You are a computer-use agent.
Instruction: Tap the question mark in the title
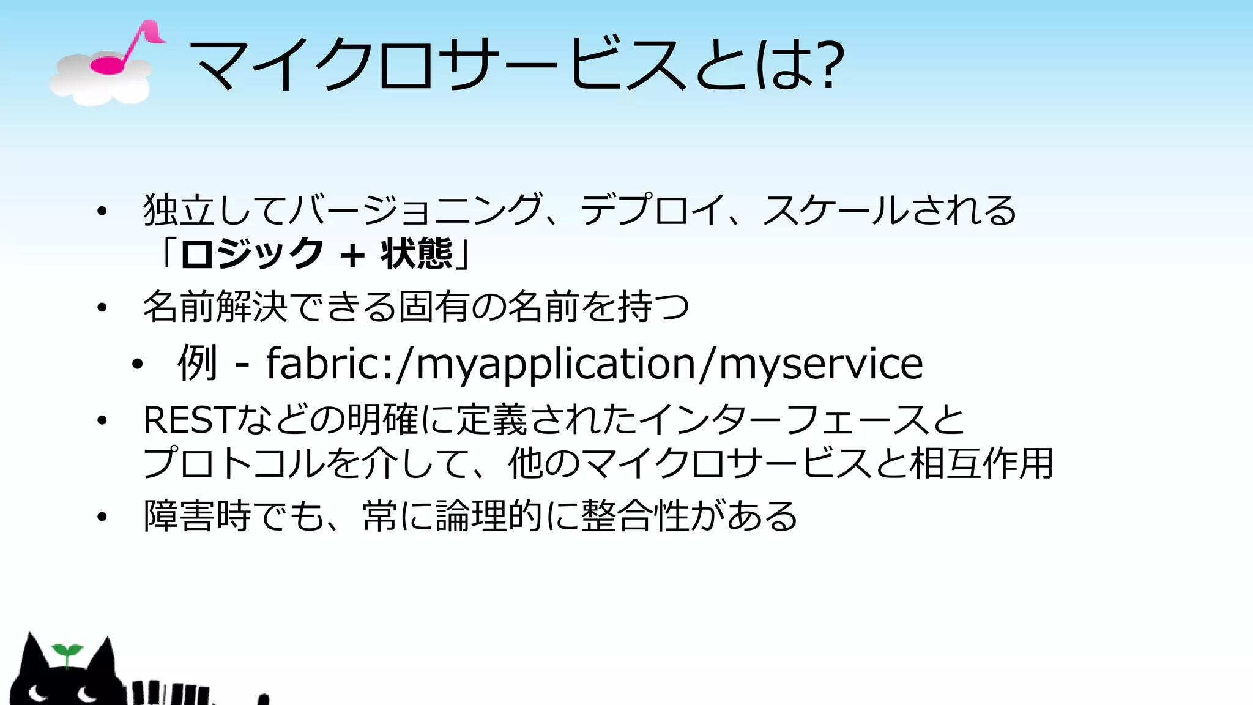click(830, 64)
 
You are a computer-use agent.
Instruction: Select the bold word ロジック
click(251, 254)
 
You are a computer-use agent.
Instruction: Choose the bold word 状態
click(417, 254)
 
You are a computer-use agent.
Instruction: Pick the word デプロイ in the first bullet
click(652, 210)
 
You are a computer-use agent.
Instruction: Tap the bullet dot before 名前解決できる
click(102, 307)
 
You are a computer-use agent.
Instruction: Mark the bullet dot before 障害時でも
click(102, 517)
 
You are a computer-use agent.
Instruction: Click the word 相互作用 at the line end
click(981, 463)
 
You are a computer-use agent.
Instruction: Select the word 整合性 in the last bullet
click(636, 517)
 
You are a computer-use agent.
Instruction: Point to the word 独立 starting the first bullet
click(179, 210)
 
